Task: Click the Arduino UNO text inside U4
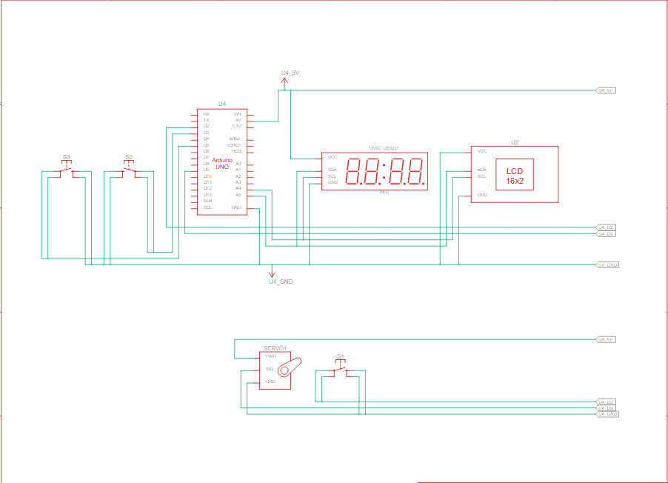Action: pyautogui.click(x=222, y=164)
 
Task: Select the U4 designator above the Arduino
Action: pyautogui.click(x=222, y=104)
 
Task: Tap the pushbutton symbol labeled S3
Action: pyautogui.click(x=67, y=169)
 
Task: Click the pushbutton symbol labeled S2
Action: pyautogui.click(x=129, y=169)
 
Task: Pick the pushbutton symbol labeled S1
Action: pyautogui.click(x=341, y=369)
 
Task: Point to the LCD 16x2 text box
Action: pyautogui.click(x=515, y=176)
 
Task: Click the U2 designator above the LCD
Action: pyautogui.click(x=515, y=141)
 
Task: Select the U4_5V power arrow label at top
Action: pyautogui.click(x=290, y=73)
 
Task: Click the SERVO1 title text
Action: pyautogui.click(x=275, y=348)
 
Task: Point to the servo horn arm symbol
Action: pyautogui.click(x=292, y=367)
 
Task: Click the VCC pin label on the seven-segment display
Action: pyautogui.click(x=333, y=157)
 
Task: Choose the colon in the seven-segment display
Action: pyautogui.click(x=385, y=172)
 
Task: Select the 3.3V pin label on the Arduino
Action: pyautogui.click(x=236, y=127)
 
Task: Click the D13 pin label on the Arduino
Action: pyautogui.click(x=208, y=195)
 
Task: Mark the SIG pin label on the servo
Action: pyautogui.click(x=270, y=368)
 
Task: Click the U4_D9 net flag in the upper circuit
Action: pyautogui.click(x=607, y=234)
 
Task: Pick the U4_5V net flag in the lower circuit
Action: pyautogui.click(x=607, y=339)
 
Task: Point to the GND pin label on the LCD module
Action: pyautogui.click(x=482, y=195)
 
